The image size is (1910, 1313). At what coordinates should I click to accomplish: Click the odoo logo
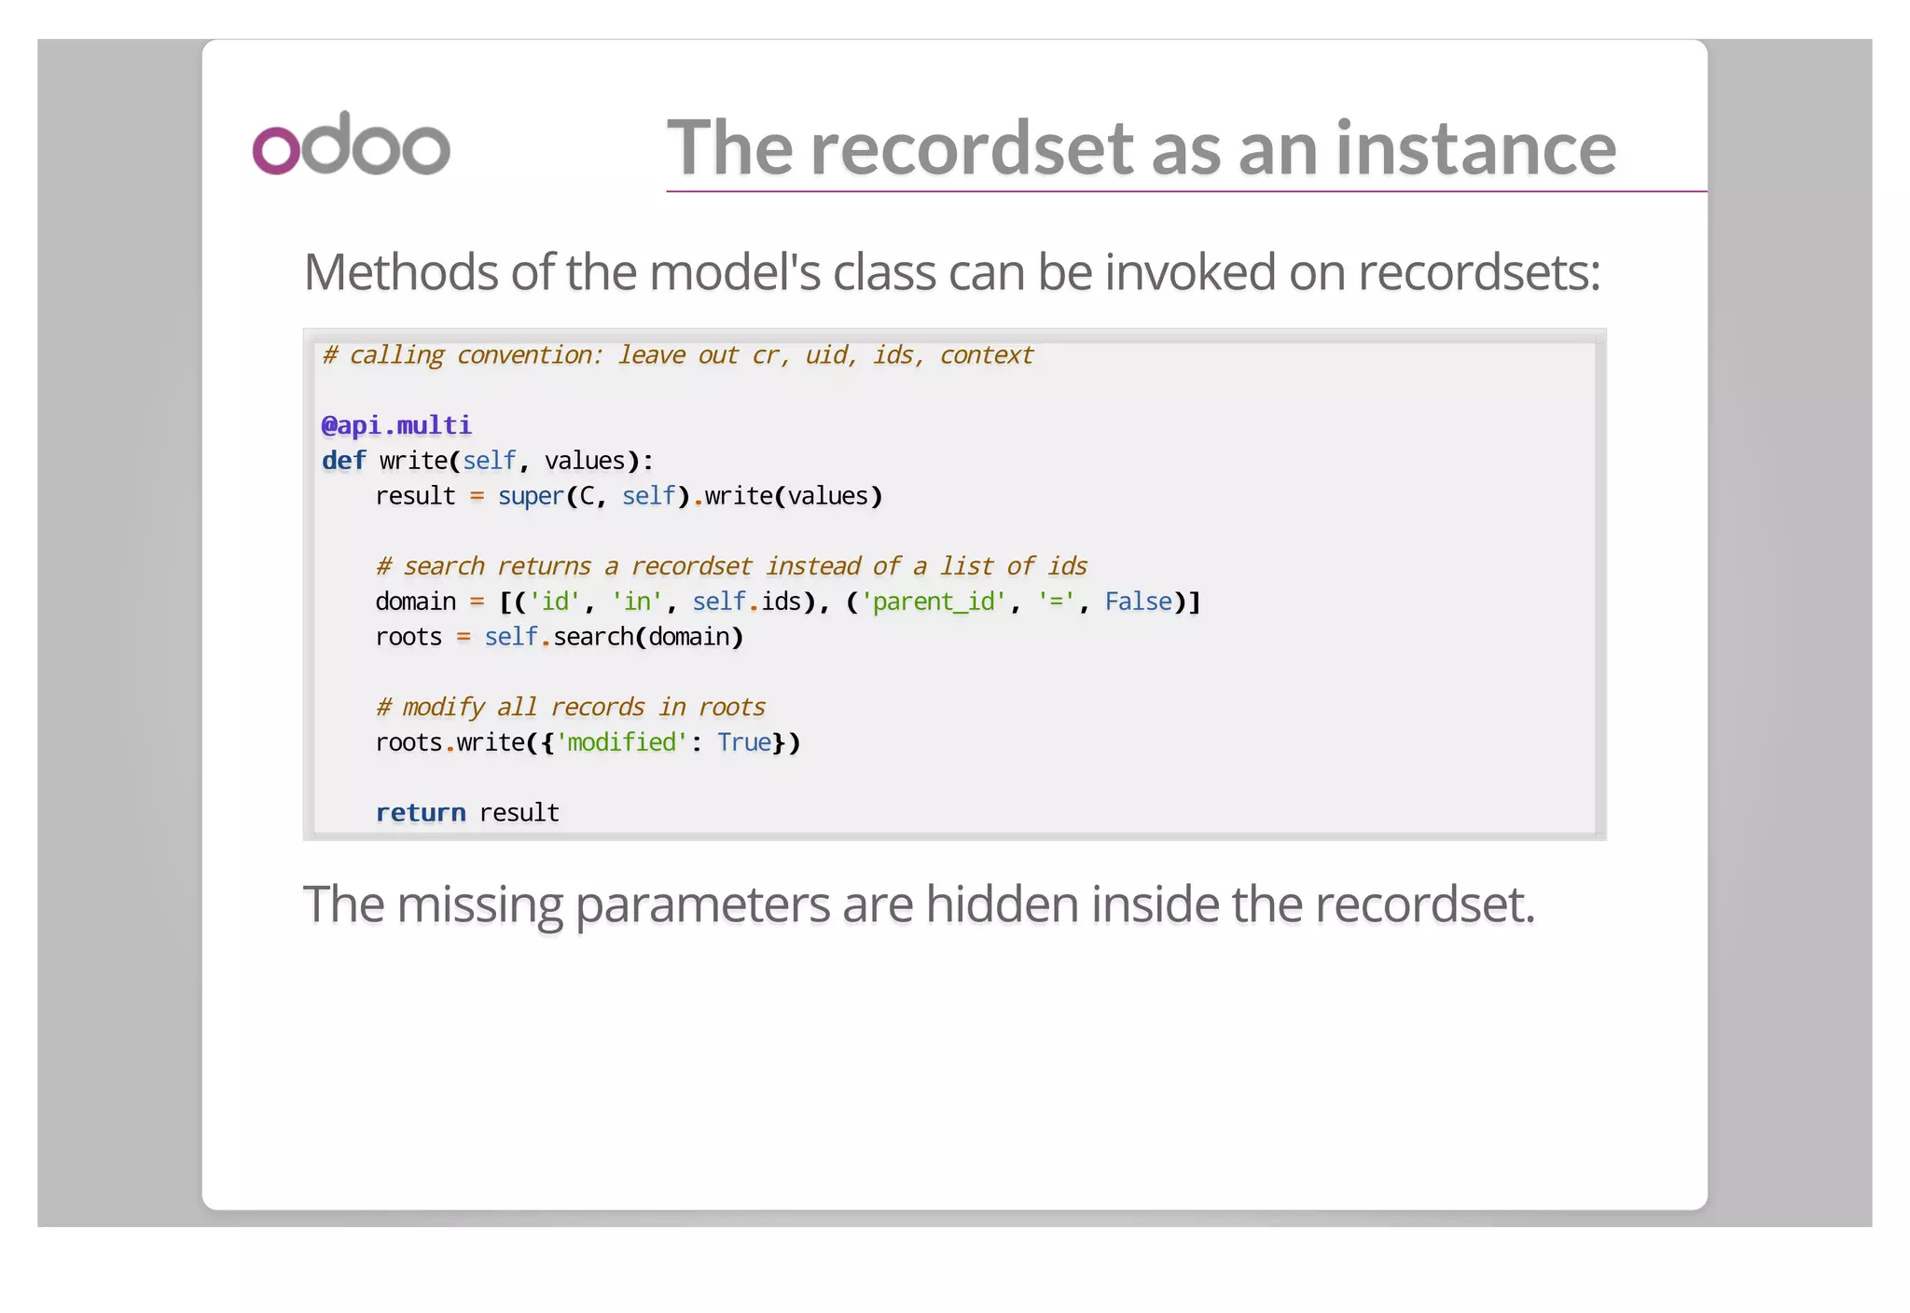click(x=351, y=145)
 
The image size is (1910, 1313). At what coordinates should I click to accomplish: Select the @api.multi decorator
click(x=396, y=425)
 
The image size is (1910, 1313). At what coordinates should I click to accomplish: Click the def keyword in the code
click(x=343, y=461)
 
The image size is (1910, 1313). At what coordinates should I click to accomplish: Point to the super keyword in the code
click(x=531, y=496)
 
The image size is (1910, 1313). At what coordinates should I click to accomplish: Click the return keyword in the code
click(x=421, y=812)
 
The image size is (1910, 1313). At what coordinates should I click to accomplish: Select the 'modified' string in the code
click(x=621, y=742)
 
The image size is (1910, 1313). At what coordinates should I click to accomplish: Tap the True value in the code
click(x=744, y=742)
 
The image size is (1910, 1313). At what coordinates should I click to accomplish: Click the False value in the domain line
click(x=1138, y=601)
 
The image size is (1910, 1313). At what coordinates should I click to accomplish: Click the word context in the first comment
click(x=986, y=355)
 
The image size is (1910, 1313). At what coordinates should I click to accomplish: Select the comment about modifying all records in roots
click(x=570, y=707)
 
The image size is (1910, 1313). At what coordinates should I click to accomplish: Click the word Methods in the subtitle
click(x=402, y=272)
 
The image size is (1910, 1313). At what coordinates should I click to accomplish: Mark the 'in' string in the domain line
click(x=637, y=601)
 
